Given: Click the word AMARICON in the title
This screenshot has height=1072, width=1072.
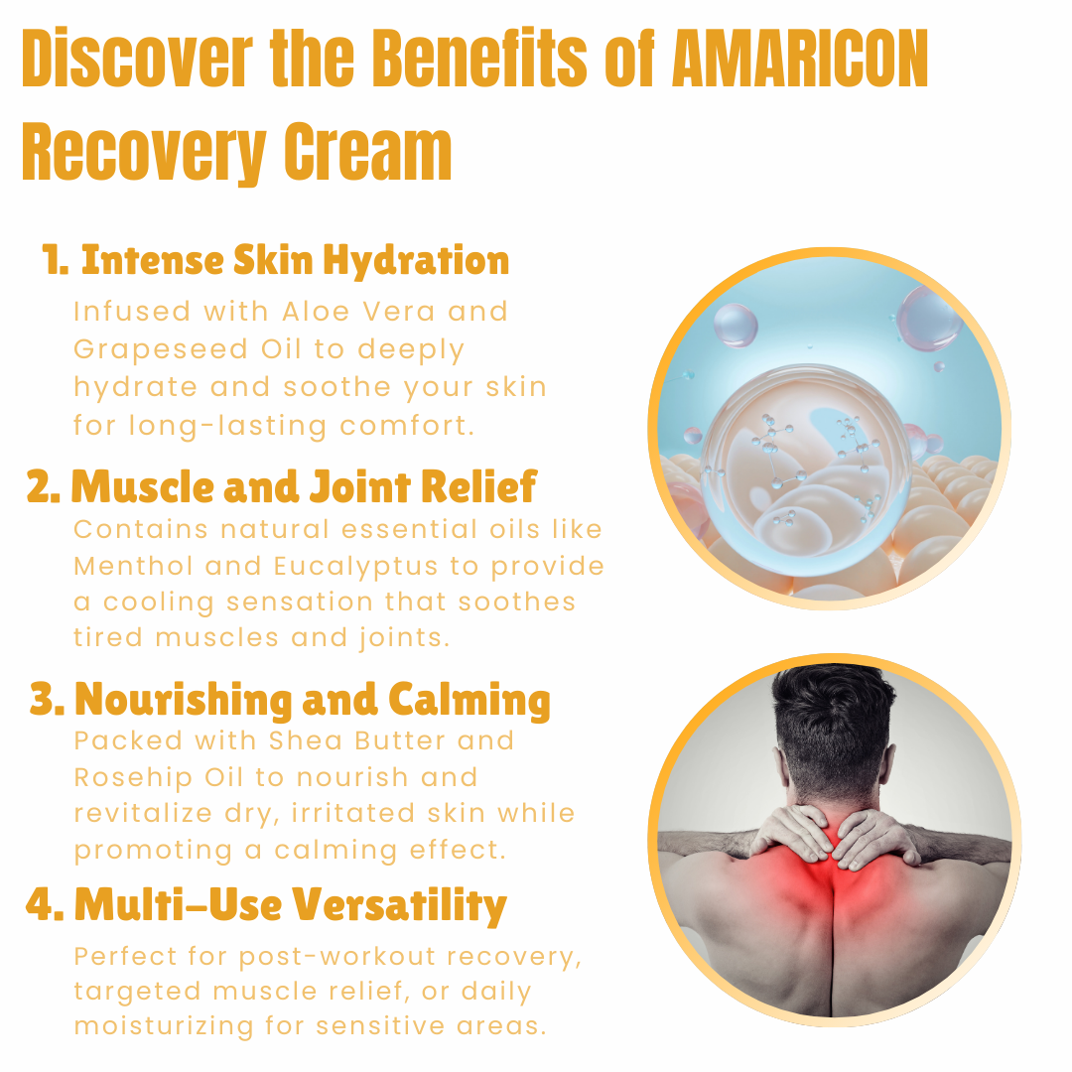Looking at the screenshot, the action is [x=800, y=59].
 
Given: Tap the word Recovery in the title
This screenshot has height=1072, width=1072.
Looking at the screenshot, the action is [x=144, y=153].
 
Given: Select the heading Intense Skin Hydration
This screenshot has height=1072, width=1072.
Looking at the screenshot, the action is [x=276, y=260].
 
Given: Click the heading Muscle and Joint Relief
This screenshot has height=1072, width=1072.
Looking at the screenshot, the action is [x=282, y=486].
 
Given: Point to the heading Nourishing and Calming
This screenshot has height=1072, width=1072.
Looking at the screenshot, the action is [x=291, y=700].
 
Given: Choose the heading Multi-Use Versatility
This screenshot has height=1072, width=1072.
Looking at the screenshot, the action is [x=267, y=904].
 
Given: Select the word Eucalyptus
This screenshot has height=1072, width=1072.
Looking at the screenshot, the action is [x=355, y=567].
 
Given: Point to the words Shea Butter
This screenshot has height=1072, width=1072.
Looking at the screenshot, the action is [x=357, y=740].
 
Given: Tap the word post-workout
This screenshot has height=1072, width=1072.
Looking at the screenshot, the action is [x=337, y=957].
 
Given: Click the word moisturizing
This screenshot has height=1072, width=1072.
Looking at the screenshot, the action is [x=164, y=1027].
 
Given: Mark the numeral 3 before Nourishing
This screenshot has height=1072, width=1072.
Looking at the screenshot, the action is [x=43, y=699].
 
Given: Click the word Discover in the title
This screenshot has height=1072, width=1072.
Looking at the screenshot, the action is [x=137, y=59].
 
